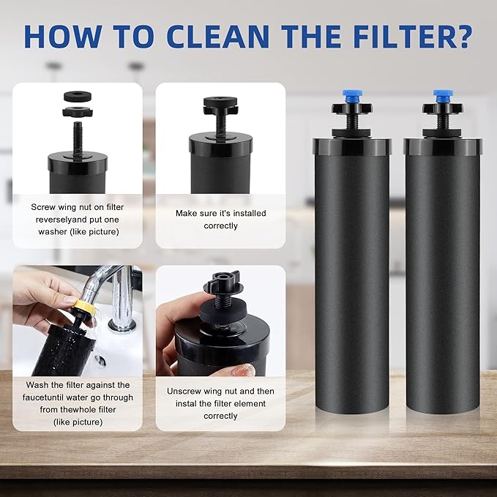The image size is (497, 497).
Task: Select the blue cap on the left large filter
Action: (351, 96)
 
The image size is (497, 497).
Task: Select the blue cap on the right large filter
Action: (442, 96)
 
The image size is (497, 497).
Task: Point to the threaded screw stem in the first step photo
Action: (77, 135)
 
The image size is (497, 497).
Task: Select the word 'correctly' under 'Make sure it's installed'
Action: (220, 226)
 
